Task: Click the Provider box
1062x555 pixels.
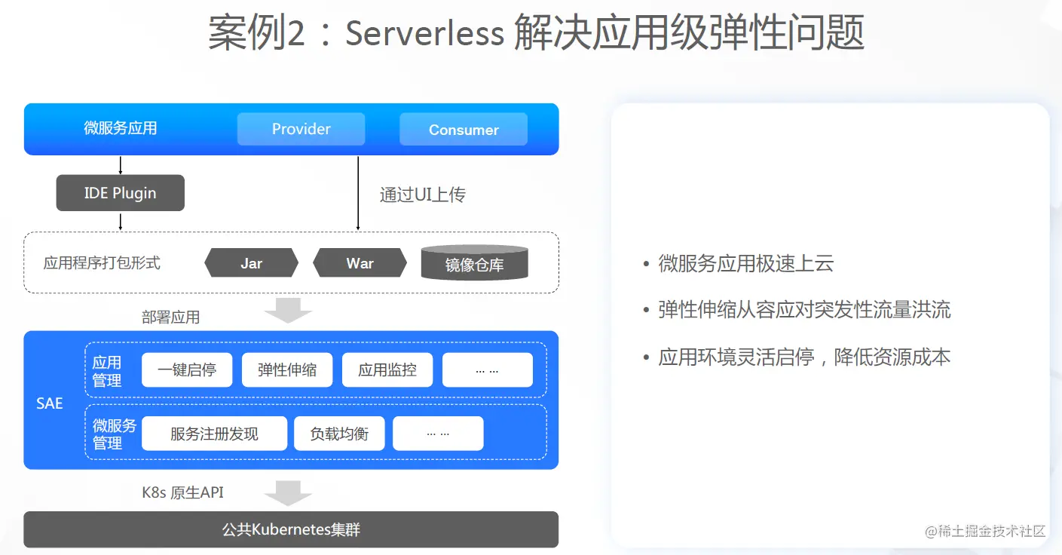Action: (x=301, y=129)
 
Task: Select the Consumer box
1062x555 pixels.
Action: (x=463, y=130)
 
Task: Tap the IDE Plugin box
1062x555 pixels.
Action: (x=121, y=193)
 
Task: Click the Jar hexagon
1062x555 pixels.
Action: (x=251, y=263)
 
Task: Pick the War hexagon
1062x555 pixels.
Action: (x=360, y=263)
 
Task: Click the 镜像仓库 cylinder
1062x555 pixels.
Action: (x=474, y=264)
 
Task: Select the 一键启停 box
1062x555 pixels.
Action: (x=187, y=369)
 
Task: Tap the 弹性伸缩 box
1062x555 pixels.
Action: (x=286, y=369)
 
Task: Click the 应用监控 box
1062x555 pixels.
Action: (x=387, y=369)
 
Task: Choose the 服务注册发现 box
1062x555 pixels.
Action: (x=214, y=434)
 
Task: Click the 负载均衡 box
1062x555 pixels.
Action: (x=339, y=434)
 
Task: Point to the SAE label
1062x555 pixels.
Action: (x=50, y=403)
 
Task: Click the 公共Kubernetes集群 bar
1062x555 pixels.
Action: (x=291, y=529)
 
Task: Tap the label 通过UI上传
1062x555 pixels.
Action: (x=422, y=195)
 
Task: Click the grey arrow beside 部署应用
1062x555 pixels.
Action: (x=288, y=310)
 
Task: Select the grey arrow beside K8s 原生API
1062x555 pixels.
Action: (x=288, y=492)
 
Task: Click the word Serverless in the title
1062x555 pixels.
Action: (x=424, y=33)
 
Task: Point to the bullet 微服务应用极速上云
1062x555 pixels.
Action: (x=745, y=263)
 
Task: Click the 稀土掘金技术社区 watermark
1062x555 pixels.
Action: (x=985, y=531)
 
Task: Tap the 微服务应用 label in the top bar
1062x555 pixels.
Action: (x=121, y=128)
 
